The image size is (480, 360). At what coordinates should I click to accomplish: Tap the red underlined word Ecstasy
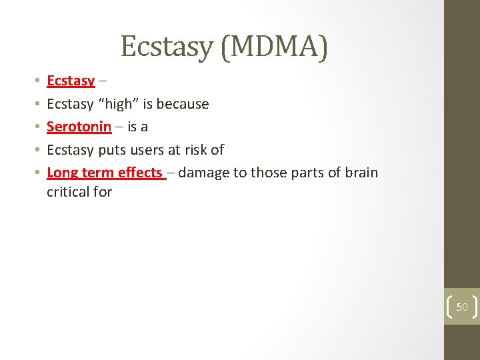pos(71,81)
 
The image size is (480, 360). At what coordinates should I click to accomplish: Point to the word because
pos(183,104)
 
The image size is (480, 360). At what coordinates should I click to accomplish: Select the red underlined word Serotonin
pos(79,127)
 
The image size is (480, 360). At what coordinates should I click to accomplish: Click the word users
pos(149,149)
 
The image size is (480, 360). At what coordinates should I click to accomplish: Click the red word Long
pos(62,173)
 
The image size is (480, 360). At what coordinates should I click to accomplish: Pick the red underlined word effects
pos(140,173)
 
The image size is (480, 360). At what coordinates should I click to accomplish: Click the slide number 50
pos(462,307)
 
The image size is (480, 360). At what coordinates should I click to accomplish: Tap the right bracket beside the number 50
pos(475,307)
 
